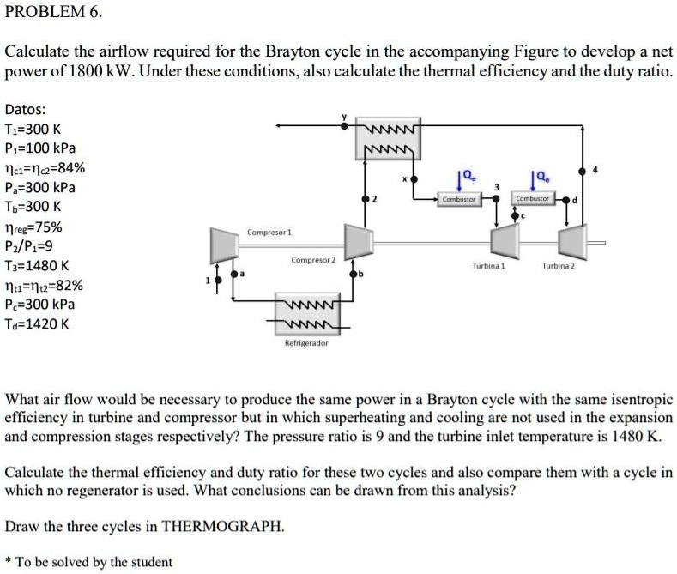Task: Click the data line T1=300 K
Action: [x=35, y=130]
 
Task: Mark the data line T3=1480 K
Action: [x=39, y=266]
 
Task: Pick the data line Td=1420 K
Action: [x=39, y=324]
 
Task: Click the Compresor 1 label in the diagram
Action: [x=269, y=233]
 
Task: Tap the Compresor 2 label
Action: [x=313, y=260]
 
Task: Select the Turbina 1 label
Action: [x=489, y=266]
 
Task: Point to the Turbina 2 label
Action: [x=559, y=266]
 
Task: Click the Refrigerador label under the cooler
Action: [x=306, y=343]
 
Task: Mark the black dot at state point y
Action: [x=345, y=125]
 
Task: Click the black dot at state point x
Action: [x=414, y=180]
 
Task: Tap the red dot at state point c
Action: [x=515, y=216]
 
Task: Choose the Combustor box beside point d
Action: [x=531, y=199]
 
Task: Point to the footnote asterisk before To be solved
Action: [x=8, y=561]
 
